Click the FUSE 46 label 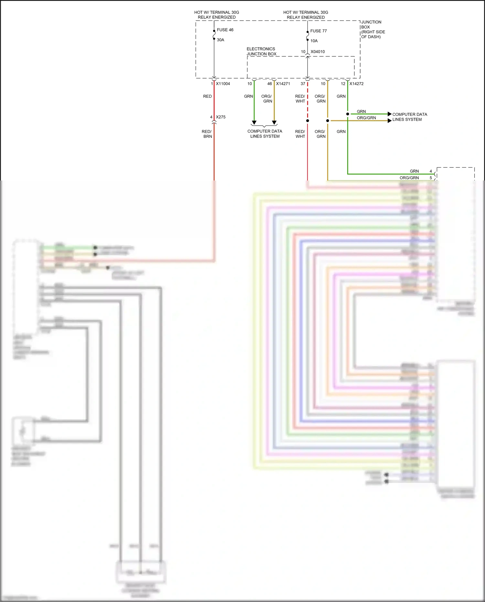[x=225, y=30]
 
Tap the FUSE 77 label [x=318, y=31]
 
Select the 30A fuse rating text [x=220, y=40]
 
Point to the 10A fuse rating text [x=314, y=41]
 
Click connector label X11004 [x=223, y=84]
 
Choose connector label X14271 [x=283, y=84]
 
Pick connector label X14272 [x=356, y=84]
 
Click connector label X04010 [x=318, y=52]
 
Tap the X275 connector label [x=221, y=117]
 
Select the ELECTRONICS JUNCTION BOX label [x=261, y=51]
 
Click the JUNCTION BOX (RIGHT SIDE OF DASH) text [x=372, y=29]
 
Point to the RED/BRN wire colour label [x=207, y=134]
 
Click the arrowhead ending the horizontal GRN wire [x=390, y=114]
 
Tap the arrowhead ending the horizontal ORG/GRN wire [x=390, y=121]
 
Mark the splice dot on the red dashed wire [x=307, y=121]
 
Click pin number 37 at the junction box [x=303, y=84]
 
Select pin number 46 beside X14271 [x=269, y=84]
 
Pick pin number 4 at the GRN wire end [x=431, y=171]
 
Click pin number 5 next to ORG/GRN [x=431, y=178]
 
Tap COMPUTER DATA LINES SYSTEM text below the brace [x=264, y=134]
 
